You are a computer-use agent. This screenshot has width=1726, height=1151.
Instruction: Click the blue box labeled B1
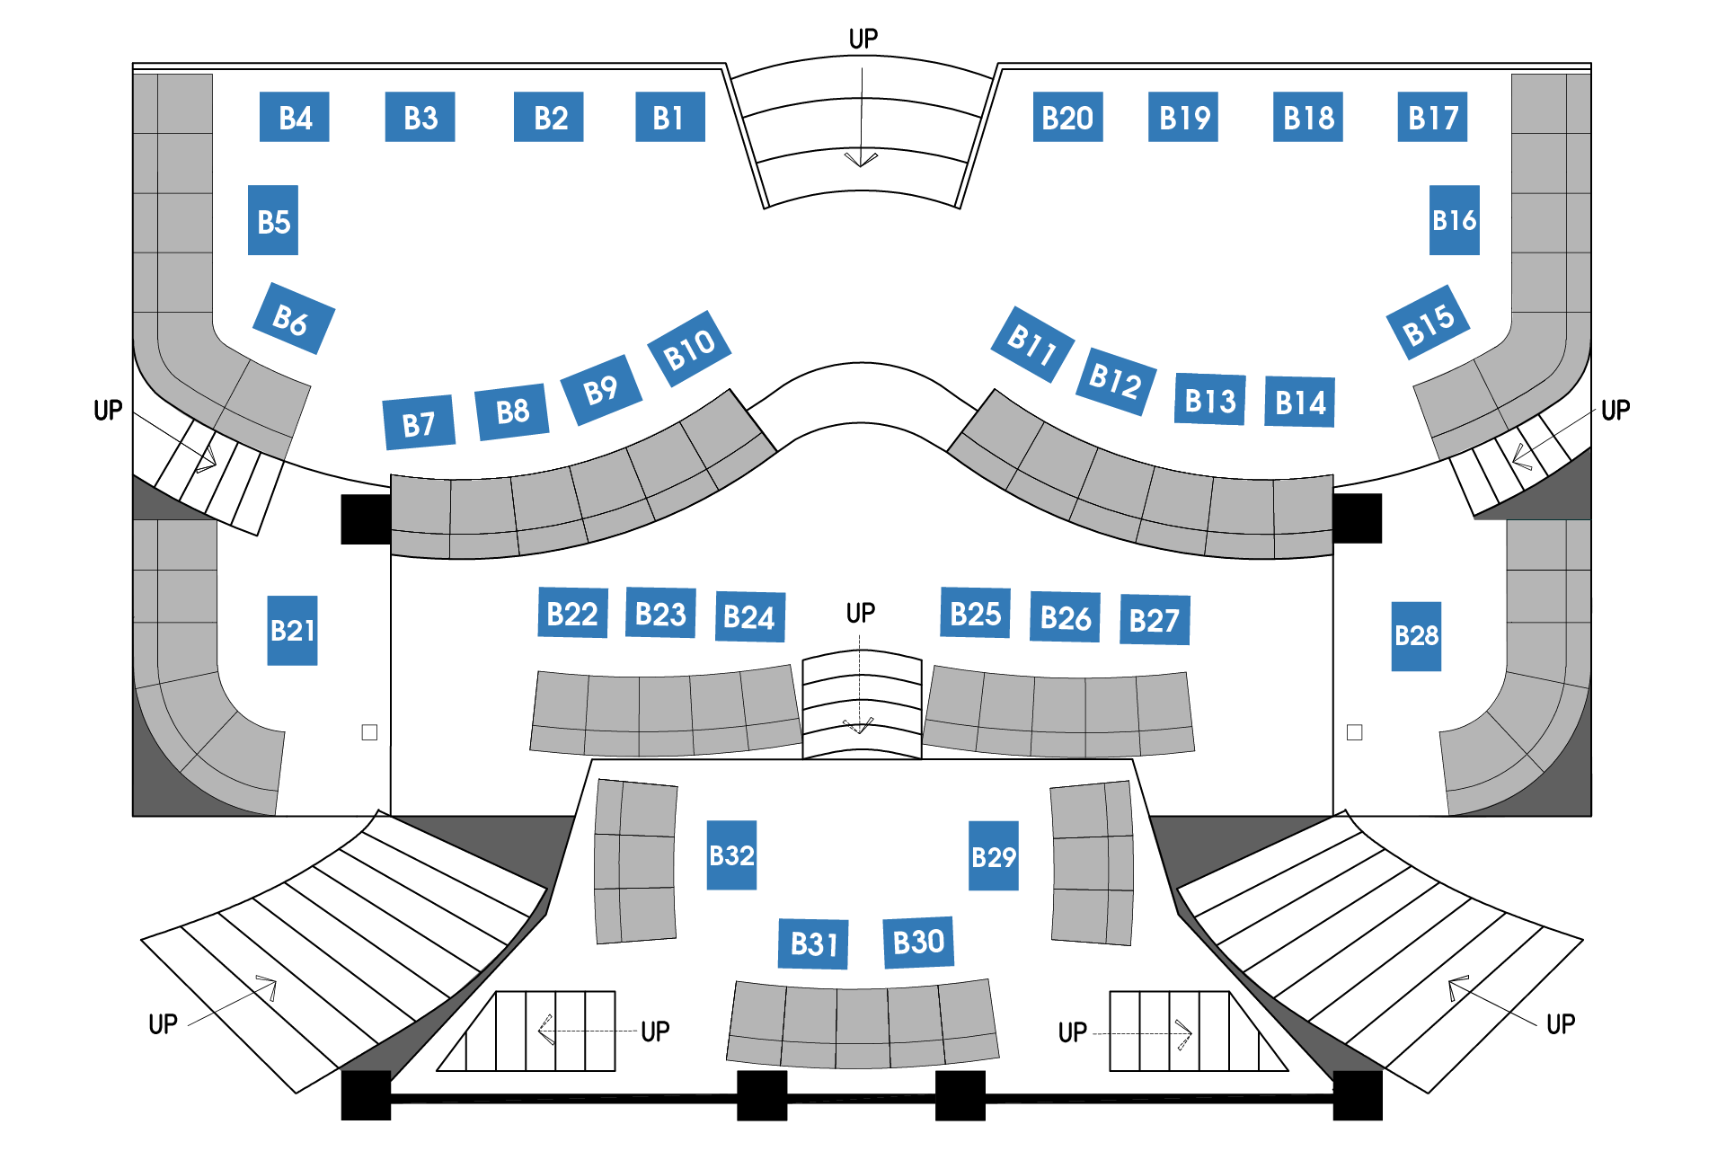point(669,117)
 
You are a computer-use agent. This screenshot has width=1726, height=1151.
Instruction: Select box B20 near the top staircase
point(1067,117)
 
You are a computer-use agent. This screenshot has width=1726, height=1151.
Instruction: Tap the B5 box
point(273,220)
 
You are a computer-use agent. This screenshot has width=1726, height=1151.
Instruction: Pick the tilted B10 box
point(689,349)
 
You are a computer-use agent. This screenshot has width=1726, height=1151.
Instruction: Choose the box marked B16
point(1454,220)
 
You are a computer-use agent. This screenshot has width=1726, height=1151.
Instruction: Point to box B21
point(292,630)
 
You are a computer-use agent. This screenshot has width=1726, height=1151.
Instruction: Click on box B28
point(1416,636)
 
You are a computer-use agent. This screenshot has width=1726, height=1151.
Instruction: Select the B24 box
point(749,616)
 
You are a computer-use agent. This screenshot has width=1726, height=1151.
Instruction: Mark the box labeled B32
point(731,855)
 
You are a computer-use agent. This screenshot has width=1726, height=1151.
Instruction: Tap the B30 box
point(918,942)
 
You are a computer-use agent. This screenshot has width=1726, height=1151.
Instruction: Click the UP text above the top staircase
point(863,39)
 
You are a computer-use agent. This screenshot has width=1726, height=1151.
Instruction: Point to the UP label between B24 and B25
point(860,613)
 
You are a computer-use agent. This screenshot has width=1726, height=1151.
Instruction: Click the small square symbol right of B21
point(369,732)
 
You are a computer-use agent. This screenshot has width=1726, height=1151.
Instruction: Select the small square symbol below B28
point(1355,732)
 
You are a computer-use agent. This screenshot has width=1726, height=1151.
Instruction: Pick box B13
point(1209,400)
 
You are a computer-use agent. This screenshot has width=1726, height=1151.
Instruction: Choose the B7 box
point(419,422)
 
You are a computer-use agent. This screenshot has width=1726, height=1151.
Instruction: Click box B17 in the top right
point(1432,117)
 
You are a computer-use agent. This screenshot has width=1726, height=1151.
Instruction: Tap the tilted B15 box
point(1428,323)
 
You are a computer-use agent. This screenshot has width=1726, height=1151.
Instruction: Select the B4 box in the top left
point(295,117)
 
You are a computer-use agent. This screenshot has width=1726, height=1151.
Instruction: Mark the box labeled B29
point(993,856)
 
